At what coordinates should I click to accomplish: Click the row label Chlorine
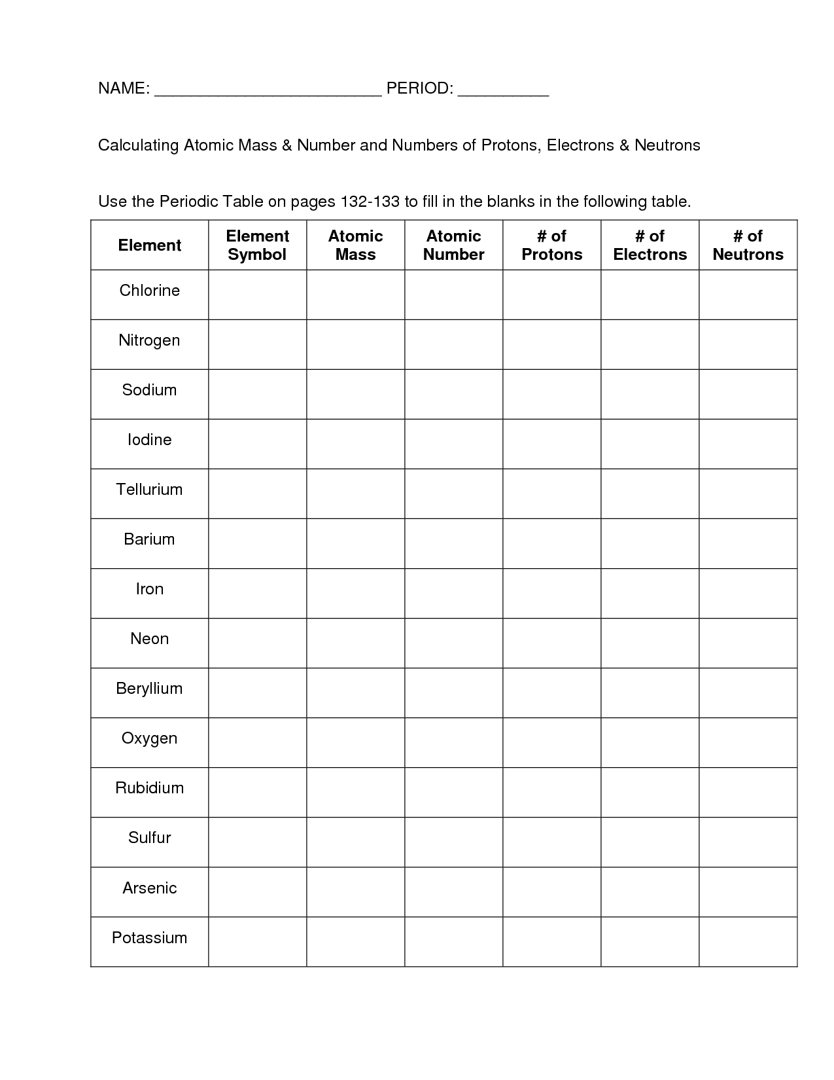tap(149, 291)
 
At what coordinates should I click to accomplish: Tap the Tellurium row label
tap(149, 490)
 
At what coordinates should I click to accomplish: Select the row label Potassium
tap(149, 938)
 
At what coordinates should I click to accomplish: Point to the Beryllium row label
tap(149, 689)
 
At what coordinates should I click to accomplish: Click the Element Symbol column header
tap(257, 245)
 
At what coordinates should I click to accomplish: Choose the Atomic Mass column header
tap(355, 245)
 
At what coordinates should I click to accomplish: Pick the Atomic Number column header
tap(453, 245)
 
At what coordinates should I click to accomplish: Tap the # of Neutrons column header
tap(748, 245)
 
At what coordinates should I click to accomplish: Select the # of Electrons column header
tap(650, 245)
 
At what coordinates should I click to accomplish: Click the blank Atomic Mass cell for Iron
tap(355, 593)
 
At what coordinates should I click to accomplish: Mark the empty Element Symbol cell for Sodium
tap(257, 394)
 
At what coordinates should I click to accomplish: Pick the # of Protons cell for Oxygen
tap(551, 742)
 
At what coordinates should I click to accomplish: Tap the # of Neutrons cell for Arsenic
tap(748, 891)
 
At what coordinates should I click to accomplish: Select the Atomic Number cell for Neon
tap(453, 643)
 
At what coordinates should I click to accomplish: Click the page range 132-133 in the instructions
tap(370, 202)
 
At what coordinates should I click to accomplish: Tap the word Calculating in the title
tap(138, 145)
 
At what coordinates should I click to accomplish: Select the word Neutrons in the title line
tap(667, 145)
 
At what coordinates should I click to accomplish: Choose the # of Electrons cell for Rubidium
tap(650, 792)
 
